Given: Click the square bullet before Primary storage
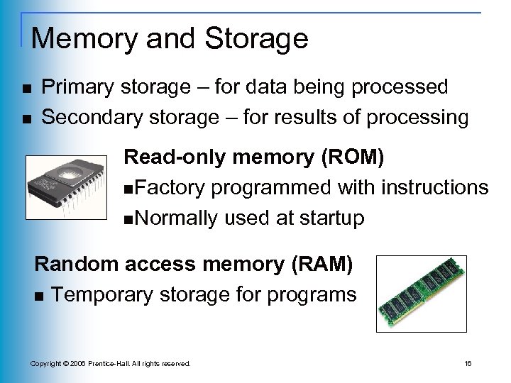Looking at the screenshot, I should tap(26, 89).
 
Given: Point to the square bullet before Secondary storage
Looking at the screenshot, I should tap(26, 118).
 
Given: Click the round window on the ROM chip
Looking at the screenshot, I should tap(67, 174).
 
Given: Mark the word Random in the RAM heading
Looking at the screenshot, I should tap(77, 265).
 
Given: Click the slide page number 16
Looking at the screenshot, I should tap(468, 364).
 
